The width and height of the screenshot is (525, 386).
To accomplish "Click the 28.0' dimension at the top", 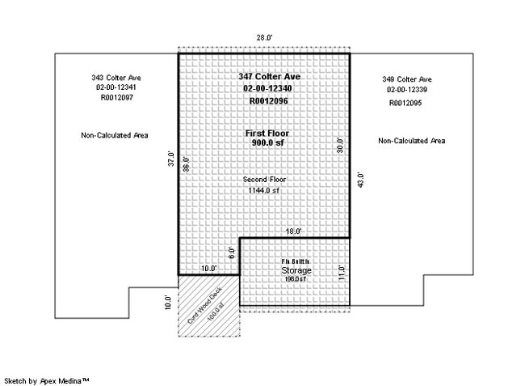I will coord(264,38).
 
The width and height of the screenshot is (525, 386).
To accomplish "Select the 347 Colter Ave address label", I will coord(264,76).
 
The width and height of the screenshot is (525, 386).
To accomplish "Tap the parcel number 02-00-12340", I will coord(264,88).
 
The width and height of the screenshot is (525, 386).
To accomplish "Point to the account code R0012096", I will coord(264,101).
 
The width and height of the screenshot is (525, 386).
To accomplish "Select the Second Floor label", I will coord(264,180).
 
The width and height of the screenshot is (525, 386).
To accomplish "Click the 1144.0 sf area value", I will coord(264,191).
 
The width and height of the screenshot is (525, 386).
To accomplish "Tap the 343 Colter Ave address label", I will coord(117,78).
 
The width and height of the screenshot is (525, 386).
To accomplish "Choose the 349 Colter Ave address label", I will coord(407,79).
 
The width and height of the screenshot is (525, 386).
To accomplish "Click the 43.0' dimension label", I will coord(361,180).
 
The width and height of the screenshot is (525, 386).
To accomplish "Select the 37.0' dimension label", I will coord(170,160).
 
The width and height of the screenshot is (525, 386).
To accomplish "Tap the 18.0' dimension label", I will coord(293,231).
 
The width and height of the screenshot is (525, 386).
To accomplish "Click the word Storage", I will coord(296,270).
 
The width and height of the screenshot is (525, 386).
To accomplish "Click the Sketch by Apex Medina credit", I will coord(47,380).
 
